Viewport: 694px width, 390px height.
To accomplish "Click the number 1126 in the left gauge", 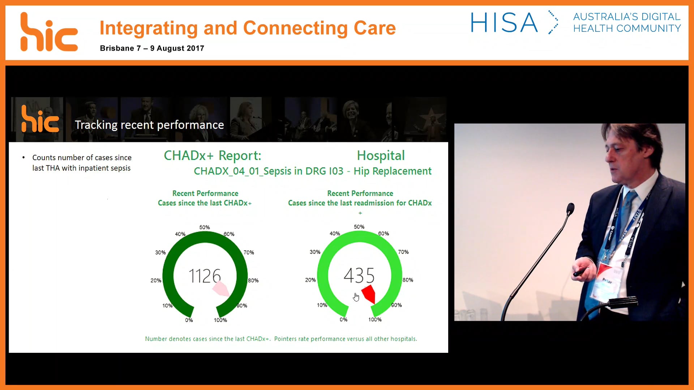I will pos(205,276).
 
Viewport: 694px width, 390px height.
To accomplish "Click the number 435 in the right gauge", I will pos(359,276).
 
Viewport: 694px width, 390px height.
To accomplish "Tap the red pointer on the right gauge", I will pos(369,294).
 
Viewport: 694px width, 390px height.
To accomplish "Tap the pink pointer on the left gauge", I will pos(220,289).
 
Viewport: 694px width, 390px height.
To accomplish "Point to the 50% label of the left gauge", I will pos(205,227).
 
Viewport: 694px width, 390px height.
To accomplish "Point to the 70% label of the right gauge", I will pos(403,252).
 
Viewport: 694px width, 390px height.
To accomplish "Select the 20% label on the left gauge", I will pos(156,280).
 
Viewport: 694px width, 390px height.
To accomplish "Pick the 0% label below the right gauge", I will pos(343,319).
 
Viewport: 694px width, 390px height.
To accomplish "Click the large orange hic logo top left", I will pos(49,32).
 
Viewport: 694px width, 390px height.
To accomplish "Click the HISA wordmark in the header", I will pos(504,23).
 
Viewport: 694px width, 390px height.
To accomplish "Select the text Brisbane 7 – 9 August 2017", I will pos(152,48).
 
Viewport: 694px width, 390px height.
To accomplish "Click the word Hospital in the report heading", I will pos(381,156).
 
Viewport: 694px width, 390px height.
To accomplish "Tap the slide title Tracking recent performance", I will pos(149,125).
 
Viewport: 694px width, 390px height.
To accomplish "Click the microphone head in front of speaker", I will pos(570,208).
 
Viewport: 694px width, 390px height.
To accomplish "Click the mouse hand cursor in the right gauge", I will pos(356,297).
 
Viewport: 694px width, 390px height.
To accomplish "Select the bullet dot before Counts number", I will pos(23,157).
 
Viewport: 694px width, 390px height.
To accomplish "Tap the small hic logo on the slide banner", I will pos(40,119).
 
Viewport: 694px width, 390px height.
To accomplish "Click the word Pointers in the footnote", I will pos(286,339).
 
